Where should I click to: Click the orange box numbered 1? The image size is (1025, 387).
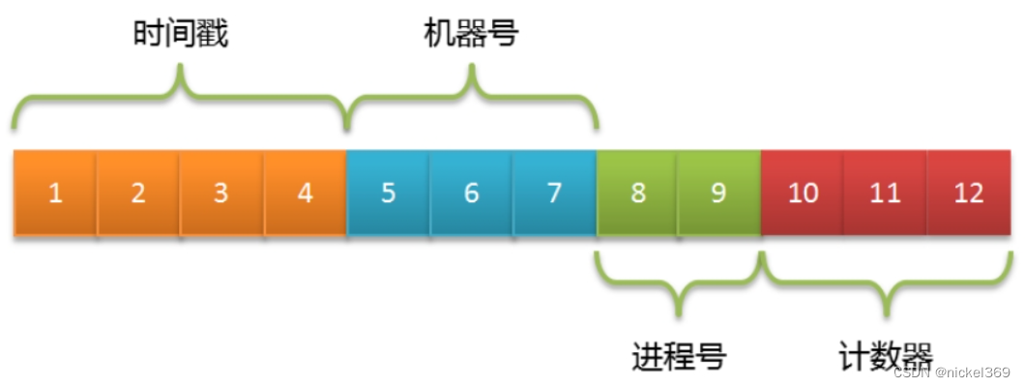tap(55, 193)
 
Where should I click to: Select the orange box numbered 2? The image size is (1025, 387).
tap(138, 193)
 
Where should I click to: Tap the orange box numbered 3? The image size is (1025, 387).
tap(221, 193)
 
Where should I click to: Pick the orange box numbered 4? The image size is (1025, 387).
tap(305, 193)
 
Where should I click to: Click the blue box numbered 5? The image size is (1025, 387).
tap(388, 193)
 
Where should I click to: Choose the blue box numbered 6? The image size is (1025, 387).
tap(471, 193)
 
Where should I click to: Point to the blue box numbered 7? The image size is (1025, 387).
tap(554, 193)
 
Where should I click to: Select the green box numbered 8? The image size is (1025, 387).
tap(637, 193)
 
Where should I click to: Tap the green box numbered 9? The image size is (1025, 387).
tap(718, 193)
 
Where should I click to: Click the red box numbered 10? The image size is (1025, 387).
tap(803, 193)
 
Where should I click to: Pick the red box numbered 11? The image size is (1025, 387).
tap(885, 193)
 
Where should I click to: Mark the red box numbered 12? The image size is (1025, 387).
tap(969, 193)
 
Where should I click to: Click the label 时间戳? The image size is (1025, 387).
tap(181, 35)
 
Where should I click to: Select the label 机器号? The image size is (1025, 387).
tap(472, 35)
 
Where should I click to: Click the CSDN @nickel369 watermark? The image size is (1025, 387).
tap(952, 372)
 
